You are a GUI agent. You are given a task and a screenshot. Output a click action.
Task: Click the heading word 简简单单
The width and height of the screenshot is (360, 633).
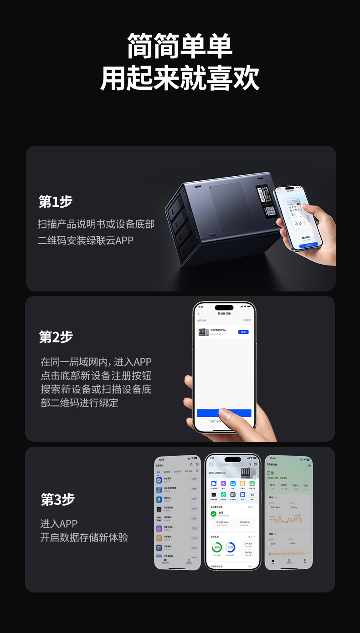pyautogui.click(x=180, y=46)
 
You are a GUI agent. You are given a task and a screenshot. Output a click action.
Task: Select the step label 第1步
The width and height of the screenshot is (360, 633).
pyautogui.click(x=56, y=202)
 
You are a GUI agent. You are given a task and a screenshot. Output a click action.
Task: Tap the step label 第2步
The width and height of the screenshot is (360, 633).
pyautogui.click(x=56, y=337)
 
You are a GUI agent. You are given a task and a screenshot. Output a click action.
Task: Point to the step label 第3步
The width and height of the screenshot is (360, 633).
pyautogui.click(x=57, y=500)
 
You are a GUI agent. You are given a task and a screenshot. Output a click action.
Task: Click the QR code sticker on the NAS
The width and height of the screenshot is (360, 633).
pyautogui.click(x=270, y=211)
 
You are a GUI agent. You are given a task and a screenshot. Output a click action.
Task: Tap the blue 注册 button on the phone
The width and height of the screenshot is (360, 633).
pyautogui.click(x=243, y=332)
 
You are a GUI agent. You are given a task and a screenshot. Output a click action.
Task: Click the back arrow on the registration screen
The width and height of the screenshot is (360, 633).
pyautogui.click(x=199, y=314)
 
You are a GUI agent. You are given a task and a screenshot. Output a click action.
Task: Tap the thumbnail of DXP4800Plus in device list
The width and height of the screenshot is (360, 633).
pyautogui.click(x=203, y=332)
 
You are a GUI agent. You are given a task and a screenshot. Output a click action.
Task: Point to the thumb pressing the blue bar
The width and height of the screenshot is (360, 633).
pyautogui.click(x=225, y=414)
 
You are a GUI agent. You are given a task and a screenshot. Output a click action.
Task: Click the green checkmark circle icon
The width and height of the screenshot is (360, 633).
pyautogui.click(x=213, y=514)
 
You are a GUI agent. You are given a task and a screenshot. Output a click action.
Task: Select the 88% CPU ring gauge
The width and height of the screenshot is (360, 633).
pyautogui.click(x=217, y=547)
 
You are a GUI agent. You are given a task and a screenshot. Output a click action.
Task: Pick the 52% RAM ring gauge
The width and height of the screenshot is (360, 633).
pyautogui.click(x=231, y=547)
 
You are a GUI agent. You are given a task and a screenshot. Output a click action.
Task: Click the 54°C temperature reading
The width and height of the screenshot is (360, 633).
pyautogui.click(x=284, y=485)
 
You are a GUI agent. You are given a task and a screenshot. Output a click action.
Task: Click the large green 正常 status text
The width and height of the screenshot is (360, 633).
pyautogui.click(x=271, y=473)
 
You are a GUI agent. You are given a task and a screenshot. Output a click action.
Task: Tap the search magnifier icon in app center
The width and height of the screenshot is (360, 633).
pyautogui.click(x=191, y=465)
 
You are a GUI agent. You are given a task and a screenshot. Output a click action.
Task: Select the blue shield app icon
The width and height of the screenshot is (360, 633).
pyautogui.click(x=159, y=480)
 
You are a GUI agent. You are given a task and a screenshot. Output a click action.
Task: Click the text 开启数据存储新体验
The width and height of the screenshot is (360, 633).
pyautogui.click(x=84, y=537)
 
